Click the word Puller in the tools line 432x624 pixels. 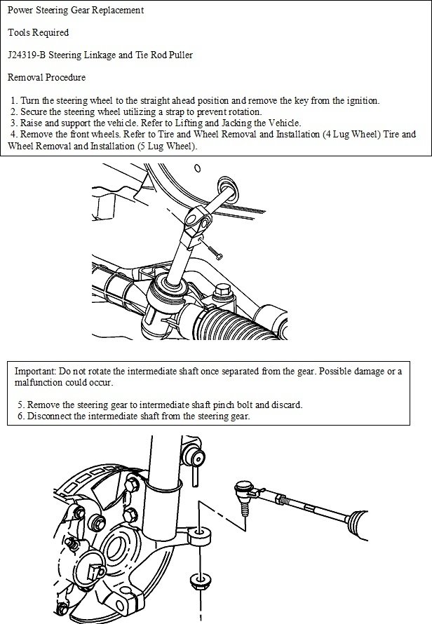tap(179, 53)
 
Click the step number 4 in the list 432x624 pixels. tap(13, 133)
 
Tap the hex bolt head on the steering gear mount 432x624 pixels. tap(224, 290)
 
